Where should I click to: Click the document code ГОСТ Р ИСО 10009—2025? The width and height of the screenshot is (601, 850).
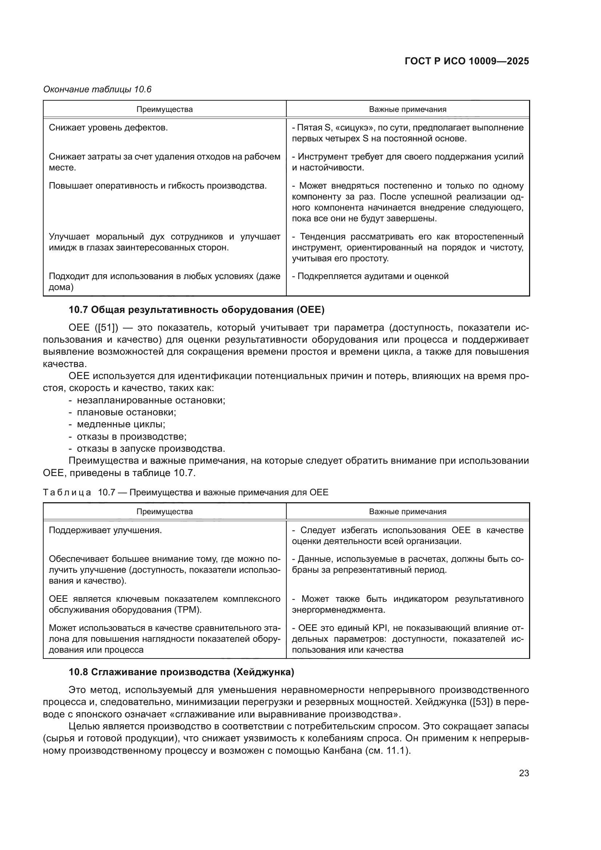pyautogui.click(x=467, y=61)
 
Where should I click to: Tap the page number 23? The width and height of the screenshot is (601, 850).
pyautogui.click(x=524, y=773)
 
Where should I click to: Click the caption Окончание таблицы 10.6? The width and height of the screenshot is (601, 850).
pyautogui.click(x=97, y=89)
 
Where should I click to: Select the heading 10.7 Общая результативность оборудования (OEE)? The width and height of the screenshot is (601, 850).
pyautogui.click(x=197, y=310)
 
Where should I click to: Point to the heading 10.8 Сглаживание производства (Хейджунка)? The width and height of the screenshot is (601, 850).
pyautogui.click(x=181, y=672)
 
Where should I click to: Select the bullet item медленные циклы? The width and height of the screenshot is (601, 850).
pyautogui.click(x=121, y=424)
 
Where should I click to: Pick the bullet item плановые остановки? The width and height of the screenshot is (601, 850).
pyautogui.click(x=126, y=412)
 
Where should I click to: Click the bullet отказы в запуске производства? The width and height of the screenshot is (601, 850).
pyautogui.click(x=151, y=449)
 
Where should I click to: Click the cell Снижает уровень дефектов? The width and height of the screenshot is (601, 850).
pyautogui.click(x=108, y=128)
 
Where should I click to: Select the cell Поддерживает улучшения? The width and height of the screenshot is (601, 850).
pyautogui.click(x=105, y=530)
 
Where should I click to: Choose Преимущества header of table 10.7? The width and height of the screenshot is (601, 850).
pyautogui.click(x=164, y=512)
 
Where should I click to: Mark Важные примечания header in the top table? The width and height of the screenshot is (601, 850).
pyautogui.click(x=407, y=109)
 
